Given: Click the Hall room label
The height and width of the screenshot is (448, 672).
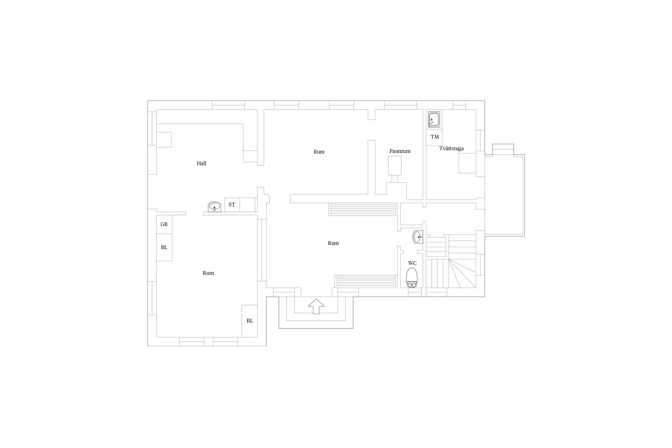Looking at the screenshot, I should (x=201, y=163).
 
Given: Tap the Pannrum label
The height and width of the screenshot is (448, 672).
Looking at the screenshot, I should (x=400, y=151).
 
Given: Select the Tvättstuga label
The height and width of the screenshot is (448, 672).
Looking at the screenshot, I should (x=451, y=148).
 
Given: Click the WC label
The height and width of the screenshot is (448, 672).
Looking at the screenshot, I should (x=412, y=263).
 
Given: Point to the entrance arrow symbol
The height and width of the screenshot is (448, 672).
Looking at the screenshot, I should (x=316, y=307).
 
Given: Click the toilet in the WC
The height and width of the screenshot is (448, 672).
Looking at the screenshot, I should (x=412, y=278).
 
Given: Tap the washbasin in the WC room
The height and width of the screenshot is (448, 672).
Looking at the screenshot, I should (x=418, y=237).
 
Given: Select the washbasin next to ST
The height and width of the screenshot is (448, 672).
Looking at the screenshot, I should (x=214, y=207).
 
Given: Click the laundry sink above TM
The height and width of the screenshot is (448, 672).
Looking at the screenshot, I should (x=434, y=119).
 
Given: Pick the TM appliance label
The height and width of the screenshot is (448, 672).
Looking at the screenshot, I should (x=435, y=137).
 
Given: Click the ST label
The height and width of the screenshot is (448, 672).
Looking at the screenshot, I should (x=232, y=205).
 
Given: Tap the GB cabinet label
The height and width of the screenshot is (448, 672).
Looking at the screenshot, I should (x=164, y=224).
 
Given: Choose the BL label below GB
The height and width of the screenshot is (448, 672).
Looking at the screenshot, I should (x=164, y=247).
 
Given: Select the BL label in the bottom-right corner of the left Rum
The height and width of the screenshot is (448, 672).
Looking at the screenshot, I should (x=250, y=321).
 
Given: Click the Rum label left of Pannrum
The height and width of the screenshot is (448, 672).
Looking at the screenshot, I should (x=319, y=152).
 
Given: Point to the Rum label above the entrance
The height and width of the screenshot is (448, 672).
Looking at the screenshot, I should (x=333, y=243).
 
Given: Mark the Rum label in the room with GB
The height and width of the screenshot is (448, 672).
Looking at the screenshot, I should (x=208, y=273).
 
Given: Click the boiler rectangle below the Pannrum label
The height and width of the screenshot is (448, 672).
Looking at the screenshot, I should (x=394, y=166).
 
